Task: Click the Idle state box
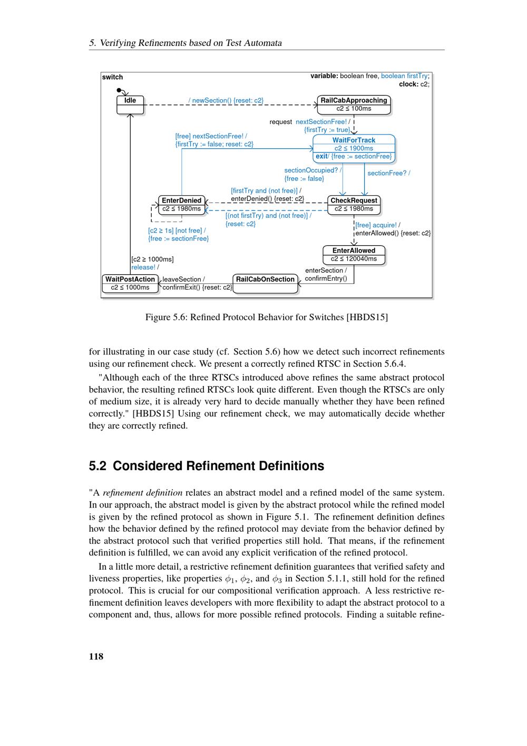tap(130, 104)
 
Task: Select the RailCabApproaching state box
tap(354, 104)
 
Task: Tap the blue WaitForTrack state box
tap(354, 148)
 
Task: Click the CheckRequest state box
tap(354, 205)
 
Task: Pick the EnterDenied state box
tap(181, 205)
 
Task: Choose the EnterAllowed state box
tap(354, 255)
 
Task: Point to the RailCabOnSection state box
tap(265, 283)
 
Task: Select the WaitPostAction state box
tap(130, 283)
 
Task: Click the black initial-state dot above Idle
tap(119, 90)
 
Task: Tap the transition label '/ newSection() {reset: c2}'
tap(226, 100)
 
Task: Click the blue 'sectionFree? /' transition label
tap(388, 173)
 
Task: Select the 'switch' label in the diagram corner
tap(112, 77)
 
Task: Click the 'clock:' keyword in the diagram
tap(408, 84)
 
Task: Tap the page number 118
tap(96, 656)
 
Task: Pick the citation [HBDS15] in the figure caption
tap(367, 317)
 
